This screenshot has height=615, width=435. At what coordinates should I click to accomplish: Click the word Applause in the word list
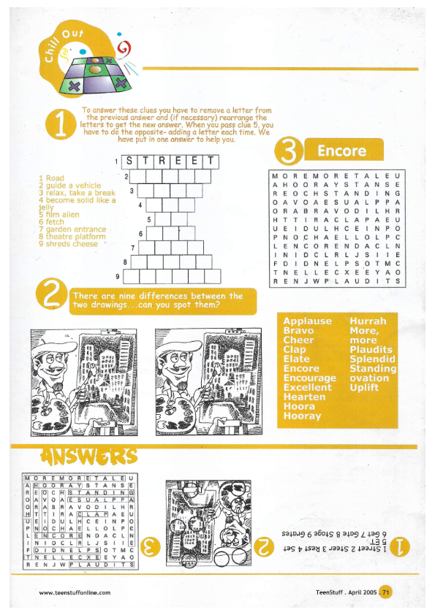307,321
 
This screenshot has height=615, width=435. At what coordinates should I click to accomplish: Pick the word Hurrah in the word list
368,321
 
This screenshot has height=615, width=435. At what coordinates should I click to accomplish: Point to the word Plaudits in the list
371,350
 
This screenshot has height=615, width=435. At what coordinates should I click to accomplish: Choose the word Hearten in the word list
304,397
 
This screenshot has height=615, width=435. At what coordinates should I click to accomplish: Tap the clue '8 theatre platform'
71,237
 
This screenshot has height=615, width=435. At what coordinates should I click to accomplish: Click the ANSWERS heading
90,457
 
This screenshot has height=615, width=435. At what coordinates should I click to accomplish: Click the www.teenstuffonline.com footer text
75,592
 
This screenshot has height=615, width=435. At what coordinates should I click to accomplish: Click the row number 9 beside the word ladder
118,276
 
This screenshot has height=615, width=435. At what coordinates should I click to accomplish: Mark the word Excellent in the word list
307,388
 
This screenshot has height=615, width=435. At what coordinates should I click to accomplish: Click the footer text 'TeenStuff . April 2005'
341,592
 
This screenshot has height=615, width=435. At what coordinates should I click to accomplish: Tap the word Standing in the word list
373,369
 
